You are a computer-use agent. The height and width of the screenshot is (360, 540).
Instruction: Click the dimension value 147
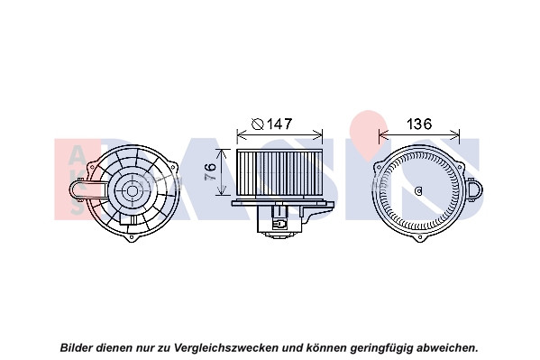(x=280, y=124)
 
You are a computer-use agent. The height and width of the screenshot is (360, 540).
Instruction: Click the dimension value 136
(x=419, y=124)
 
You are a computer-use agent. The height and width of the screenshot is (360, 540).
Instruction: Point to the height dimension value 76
(x=210, y=171)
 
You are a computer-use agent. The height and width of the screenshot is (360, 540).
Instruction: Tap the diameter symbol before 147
(x=258, y=124)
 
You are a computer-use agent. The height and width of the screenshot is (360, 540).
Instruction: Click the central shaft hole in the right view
(x=419, y=190)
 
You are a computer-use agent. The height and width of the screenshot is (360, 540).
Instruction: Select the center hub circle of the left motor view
(x=132, y=190)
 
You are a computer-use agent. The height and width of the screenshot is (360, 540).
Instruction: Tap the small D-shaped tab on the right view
(x=474, y=190)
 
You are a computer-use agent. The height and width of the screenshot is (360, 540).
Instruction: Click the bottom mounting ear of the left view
(x=132, y=237)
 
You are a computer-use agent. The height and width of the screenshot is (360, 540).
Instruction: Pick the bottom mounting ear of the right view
(x=420, y=237)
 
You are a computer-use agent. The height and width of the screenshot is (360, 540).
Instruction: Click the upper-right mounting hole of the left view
(x=173, y=164)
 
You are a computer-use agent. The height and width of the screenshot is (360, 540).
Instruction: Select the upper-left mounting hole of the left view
(x=92, y=166)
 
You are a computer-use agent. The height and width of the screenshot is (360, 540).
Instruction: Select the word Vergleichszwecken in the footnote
(x=226, y=347)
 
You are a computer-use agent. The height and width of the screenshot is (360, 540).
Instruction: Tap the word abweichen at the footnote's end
(x=446, y=347)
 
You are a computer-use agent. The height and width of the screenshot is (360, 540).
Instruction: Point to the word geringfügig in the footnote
(x=382, y=347)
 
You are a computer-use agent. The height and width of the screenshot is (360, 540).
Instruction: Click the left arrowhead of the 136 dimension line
(x=383, y=134)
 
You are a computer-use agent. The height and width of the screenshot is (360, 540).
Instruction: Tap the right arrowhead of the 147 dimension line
(x=318, y=134)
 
